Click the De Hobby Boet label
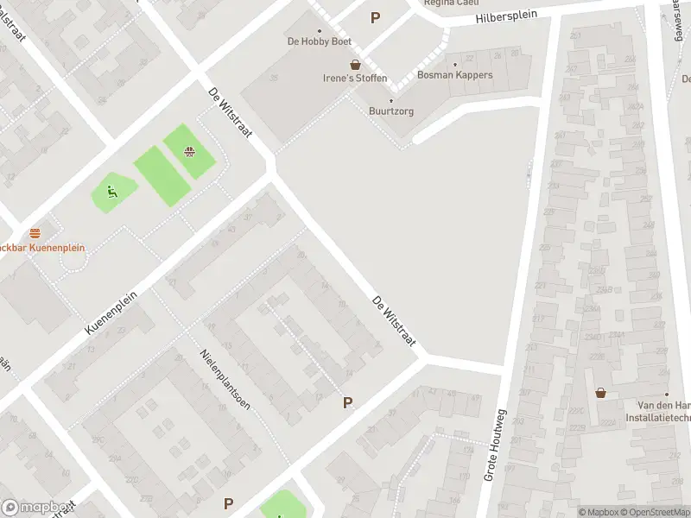point(319,41)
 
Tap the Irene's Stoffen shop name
point(355,79)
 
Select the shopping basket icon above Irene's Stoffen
point(355,65)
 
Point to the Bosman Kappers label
point(454,75)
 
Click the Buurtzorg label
point(390,111)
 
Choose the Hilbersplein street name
point(505,16)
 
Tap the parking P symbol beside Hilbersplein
point(375,17)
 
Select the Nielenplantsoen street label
point(225,379)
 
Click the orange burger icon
point(35,233)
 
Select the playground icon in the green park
point(111,192)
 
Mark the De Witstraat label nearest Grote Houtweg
point(394,323)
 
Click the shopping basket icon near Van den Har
point(601,393)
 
